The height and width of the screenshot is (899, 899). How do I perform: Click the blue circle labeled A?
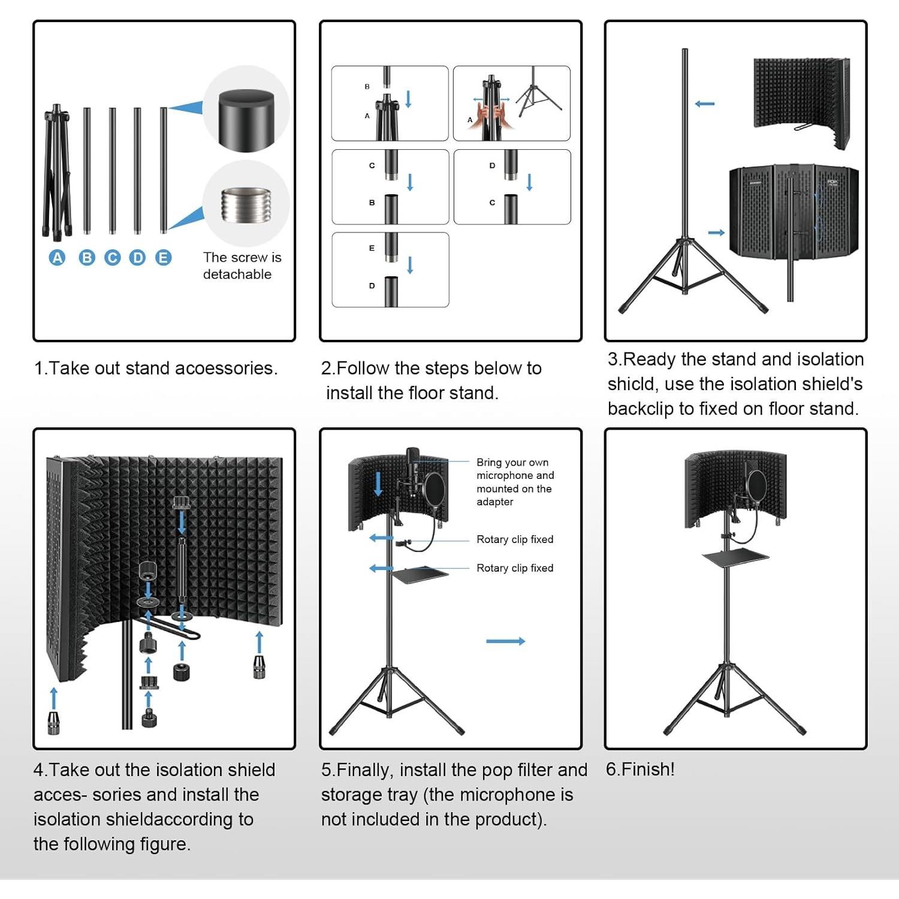click(57, 258)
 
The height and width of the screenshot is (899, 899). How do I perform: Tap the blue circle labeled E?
click(163, 258)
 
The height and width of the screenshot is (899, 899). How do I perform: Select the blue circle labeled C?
click(112, 258)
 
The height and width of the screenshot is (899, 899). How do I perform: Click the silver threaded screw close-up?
click(246, 204)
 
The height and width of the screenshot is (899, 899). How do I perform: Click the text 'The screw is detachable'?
click(242, 266)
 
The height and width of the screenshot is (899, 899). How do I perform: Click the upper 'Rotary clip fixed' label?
click(514, 539)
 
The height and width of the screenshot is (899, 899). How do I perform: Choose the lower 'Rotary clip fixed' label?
click(514, 568)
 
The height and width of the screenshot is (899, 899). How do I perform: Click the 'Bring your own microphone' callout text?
click(514, 482)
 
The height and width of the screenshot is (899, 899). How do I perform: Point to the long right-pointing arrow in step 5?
click(505, 641)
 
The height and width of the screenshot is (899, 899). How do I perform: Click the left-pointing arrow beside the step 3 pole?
click(705, 104)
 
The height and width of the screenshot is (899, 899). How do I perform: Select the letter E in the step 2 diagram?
click(372, 248)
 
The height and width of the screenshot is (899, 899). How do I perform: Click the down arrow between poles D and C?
click(529, 182)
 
